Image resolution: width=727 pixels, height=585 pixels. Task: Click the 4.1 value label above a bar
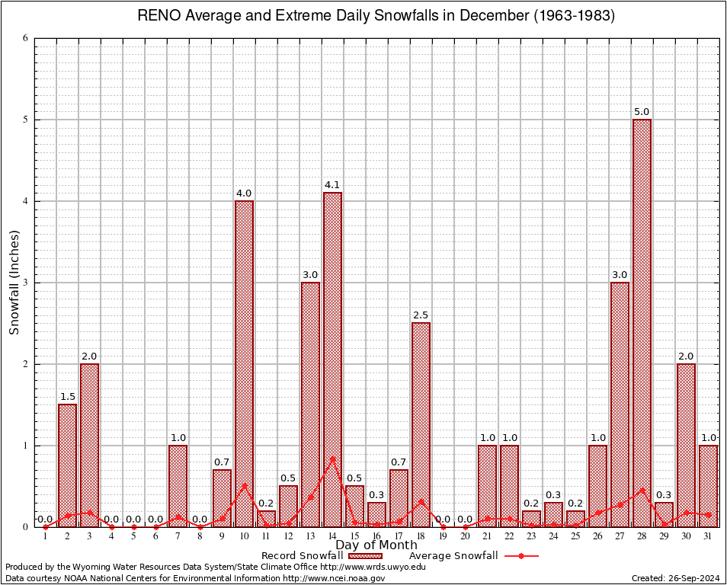pyautogui.click(x=332, y=184)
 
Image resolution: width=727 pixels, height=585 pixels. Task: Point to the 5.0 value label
pyautogui.click(x=642, y=111)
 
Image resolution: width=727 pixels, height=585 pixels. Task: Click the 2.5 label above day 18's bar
pyautogui.click(x=421, y=315)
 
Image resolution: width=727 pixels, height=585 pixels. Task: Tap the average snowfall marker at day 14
pyautogui.click(x=332, y=459)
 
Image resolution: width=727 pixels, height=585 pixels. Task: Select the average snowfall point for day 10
pyautogui.click(x=244, y=485)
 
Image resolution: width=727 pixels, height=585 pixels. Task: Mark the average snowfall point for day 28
pyautogui.click(x=642, y=491)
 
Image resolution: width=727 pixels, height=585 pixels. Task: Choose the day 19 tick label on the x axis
pyautogui.click(x=443, y=536)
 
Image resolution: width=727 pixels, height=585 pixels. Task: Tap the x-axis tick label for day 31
pyautogui.click(x=708, y=536)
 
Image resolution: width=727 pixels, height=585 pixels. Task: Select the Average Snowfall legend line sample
pyautogui.click(x=520, y=556)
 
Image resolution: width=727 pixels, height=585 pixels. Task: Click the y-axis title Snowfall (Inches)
pyautogui.click(x=14, y=282)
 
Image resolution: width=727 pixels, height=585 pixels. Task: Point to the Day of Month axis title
pyautogui.click(x=376, y=545)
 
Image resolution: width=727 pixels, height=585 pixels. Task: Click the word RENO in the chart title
pyautogui.click(x=157, y=16)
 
